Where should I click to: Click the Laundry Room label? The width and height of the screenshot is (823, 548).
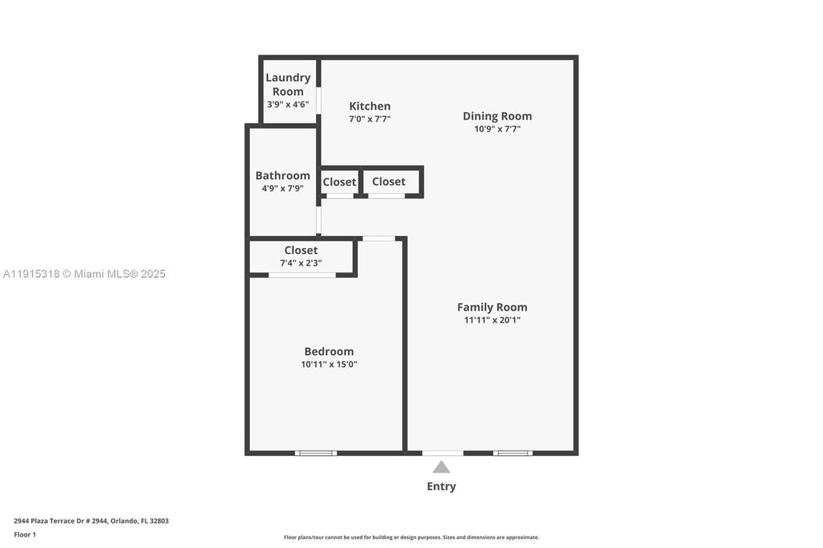coord(288,84)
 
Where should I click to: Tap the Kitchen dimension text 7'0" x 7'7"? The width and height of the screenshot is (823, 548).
coord(370,119)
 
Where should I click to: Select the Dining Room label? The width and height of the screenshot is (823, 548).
coord(497,116)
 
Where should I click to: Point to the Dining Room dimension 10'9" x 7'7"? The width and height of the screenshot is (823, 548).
coord(497,129)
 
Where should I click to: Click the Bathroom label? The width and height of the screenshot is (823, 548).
coord(282,175)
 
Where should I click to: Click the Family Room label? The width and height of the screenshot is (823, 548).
coord(492,307)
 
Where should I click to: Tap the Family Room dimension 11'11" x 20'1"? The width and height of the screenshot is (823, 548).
coord(492,320)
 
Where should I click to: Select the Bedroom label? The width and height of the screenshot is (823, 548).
coord(329,351)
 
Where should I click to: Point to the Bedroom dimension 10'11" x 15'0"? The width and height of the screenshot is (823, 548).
coord(329,365)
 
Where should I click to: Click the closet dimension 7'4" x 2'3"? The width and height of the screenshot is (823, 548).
coord(301,263)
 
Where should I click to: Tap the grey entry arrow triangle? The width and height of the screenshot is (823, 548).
coord(442,467)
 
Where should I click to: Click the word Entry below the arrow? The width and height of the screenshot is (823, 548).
coord(442,486)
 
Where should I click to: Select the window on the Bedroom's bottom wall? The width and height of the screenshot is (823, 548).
coord(316,453)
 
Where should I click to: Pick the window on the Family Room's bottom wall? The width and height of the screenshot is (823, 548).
coord(512,453)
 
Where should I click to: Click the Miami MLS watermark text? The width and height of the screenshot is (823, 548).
coord(84,274)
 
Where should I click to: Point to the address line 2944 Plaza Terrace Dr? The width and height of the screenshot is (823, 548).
coord(91,521)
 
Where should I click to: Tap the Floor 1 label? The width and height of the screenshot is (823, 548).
coord(25,534)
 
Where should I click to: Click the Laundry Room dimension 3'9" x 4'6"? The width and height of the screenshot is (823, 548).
coord(288,104)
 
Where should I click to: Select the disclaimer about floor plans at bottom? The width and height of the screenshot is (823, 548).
coord(411,537)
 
